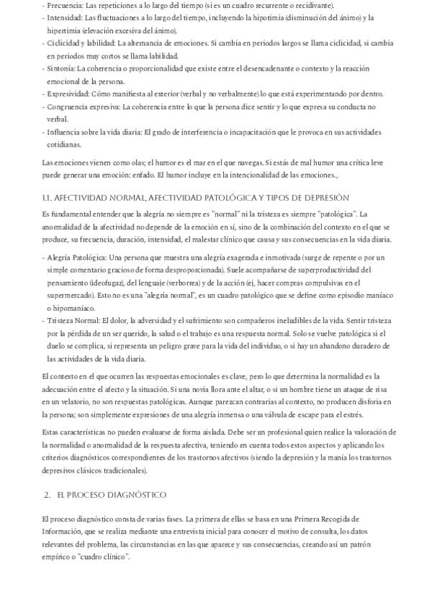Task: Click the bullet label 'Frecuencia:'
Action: (x=65, y=6)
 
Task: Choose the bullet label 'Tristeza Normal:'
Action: (x=73, y=321)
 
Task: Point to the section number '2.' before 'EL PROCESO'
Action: (x=47, y=496)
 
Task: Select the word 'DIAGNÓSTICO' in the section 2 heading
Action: (x=137, y=496)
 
